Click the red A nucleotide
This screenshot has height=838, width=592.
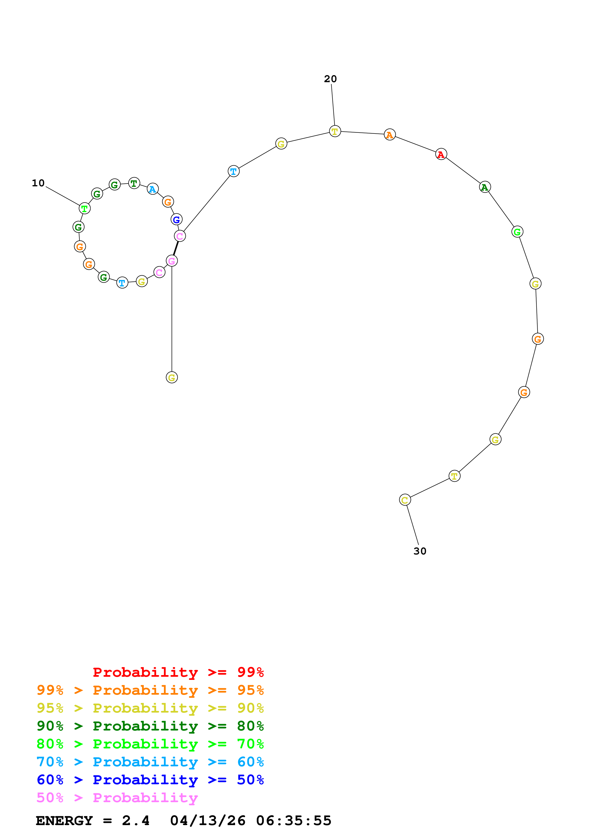(441, 154)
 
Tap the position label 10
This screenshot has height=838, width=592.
(38, 183)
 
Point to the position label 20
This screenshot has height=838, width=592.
(331, 79)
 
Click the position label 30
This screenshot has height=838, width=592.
(420, 551)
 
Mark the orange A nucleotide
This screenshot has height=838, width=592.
(389, 135)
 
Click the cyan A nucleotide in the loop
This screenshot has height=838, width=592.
(152, 189)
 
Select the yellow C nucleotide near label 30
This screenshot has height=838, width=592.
(405, 500)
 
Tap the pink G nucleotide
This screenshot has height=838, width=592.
(172, 261)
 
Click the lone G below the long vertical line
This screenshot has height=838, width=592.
(172, 377)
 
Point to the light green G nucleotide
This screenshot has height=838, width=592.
(517, 232)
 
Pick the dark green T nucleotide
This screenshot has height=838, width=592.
(134, 183)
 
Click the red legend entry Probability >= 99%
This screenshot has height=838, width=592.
(178, 672)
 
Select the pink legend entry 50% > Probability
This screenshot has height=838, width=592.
(117, 798)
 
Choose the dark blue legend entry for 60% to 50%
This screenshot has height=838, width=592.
(150, 780)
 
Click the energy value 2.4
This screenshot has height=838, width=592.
(136, 821)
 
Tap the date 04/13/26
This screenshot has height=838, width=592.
(208, 821)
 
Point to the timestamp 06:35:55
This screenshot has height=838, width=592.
(294, 821)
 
